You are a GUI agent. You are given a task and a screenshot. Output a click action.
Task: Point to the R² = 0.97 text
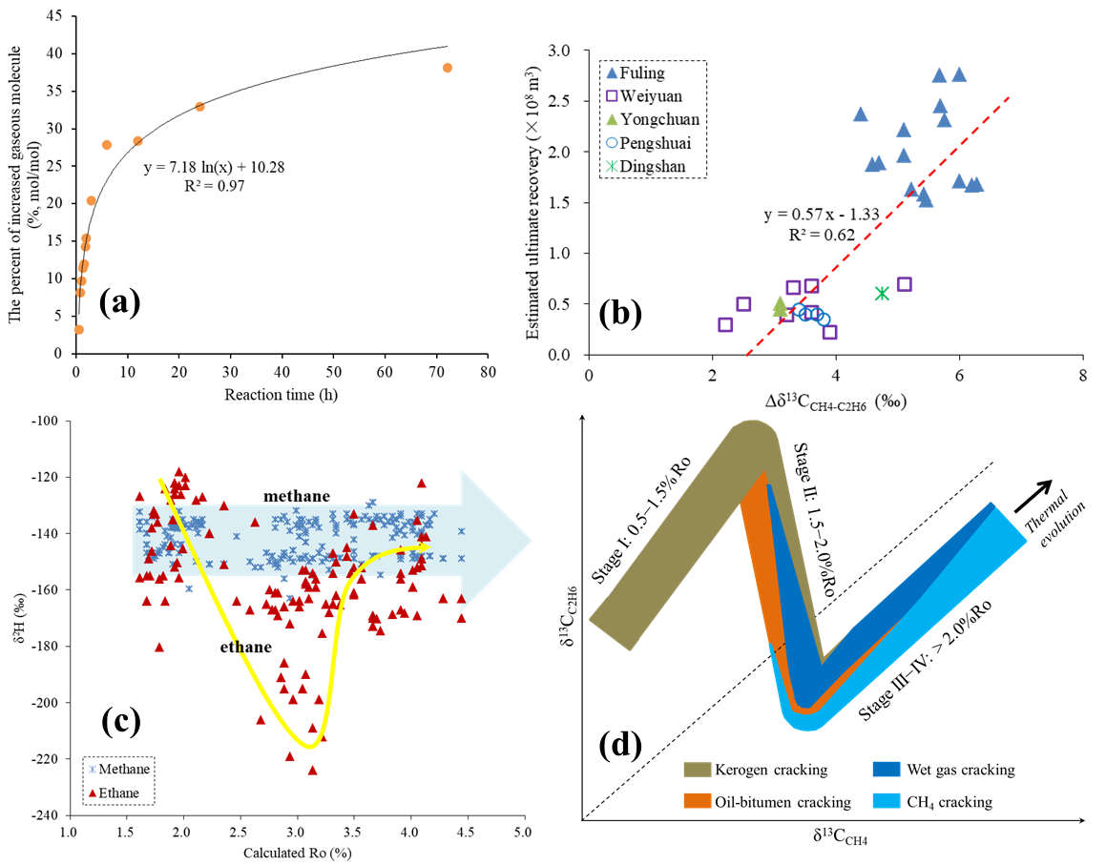click(x=215, y=186)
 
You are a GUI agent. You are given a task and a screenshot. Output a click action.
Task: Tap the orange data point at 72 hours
click(x=447, y=68)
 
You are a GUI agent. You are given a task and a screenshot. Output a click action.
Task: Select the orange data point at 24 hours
click(x=199, y=107)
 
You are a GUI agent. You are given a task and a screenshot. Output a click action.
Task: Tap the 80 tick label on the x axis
click(x=488, y=372)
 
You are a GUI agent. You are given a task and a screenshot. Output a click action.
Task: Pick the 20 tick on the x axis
click(x=178, y=372)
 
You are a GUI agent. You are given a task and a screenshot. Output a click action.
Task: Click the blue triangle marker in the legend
click(x=612, y=72)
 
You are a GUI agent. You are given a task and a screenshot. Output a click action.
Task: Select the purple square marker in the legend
click(x=612, y=95)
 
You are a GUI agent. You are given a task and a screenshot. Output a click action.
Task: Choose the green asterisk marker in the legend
click(x=612, y=166)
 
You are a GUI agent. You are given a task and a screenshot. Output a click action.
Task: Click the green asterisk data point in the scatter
click(x=882, y=293)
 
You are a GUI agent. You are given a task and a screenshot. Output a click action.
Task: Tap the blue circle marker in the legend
click(x=612, y=143)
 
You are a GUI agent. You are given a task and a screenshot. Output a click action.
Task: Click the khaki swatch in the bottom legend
click(x=698, y=770)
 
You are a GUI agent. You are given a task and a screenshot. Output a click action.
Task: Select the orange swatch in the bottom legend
click(x=698, y=800)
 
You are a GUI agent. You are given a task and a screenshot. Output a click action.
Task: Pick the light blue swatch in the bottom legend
click(x=887, y=800)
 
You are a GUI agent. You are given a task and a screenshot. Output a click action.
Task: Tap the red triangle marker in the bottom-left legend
click(x=93, y=793)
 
